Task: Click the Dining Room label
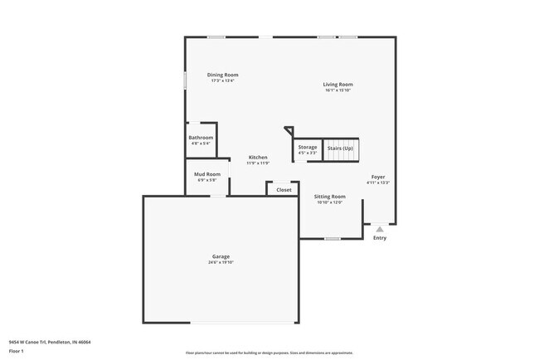(x=223, y=75)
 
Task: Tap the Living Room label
(x=338, y=84)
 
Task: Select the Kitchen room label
(x=258, y=157)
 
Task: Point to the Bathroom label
(x=201, y=138)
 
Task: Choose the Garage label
(x=221, y=256)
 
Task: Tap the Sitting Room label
(x=330, y=197)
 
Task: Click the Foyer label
(x=378, y=177)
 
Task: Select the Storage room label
(x=308, y=147)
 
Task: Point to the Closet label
(x=284, y=190)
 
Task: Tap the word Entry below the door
(x=380, y=238)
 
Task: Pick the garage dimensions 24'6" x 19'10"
(x=221, y=262)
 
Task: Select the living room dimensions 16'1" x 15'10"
(x=338, y=90)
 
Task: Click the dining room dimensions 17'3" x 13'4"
(x=223, y=80)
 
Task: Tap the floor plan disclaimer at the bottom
(x=269, y=352)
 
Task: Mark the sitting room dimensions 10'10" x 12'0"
(x=330, y=202)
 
